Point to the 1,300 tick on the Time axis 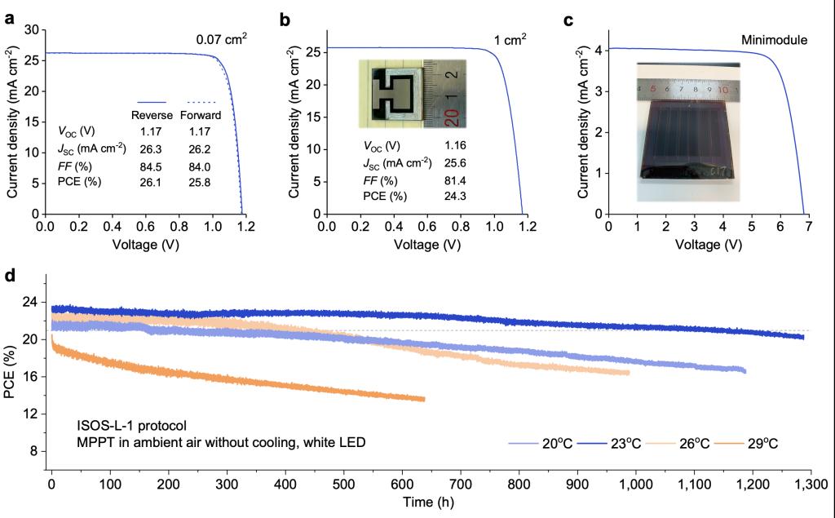(x=809, y=483)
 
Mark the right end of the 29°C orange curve (x=424, y=399)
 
